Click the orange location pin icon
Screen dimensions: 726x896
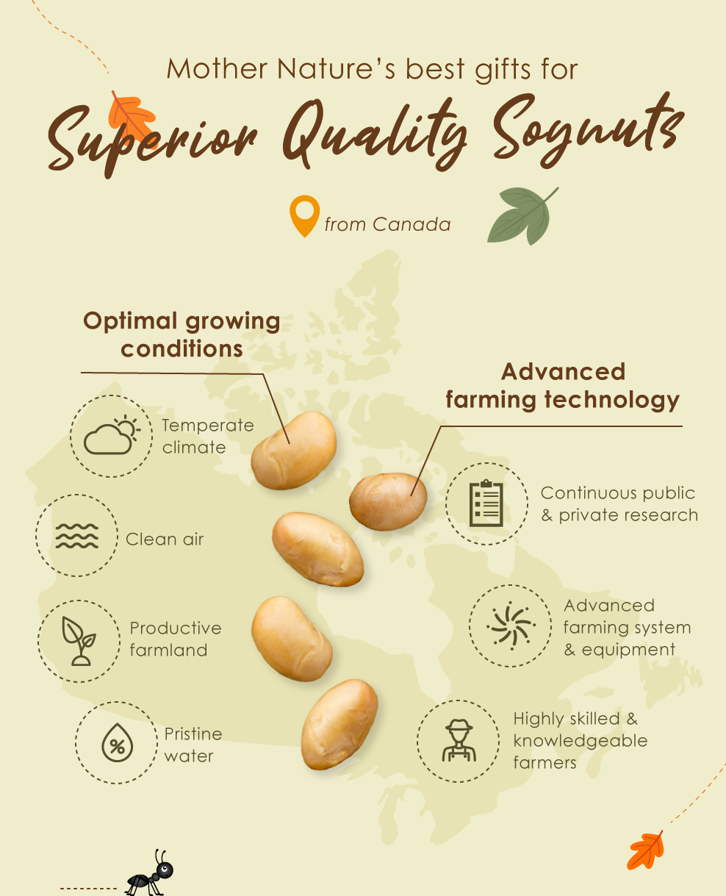tap(304, 215)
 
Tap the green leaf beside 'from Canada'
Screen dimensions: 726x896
tap(522, 216)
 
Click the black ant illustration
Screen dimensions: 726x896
tap(150, 873)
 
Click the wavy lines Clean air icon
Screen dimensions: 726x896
tap(77, 536)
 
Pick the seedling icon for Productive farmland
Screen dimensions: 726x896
tap(79, 641)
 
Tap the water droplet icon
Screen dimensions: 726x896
tap(118, 742)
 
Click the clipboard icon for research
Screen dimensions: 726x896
tap(486, 503)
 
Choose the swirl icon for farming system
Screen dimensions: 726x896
tap(511, 626)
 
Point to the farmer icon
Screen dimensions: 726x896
tap(459, 740)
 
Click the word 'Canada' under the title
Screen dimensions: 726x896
tap(411, 224)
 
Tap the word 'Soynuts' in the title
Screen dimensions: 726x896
tap(589, 130)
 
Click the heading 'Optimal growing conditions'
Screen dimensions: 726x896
tap(181, 335)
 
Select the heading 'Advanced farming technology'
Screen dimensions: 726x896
tap(562, 385)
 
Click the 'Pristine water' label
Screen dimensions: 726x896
tap(193, 745)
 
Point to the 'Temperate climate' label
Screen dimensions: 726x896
tap(208, 436)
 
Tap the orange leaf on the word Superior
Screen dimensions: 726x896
tap(132, 118)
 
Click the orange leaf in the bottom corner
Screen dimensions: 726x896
tap(645, 850)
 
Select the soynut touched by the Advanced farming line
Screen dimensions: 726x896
tap(388, 501)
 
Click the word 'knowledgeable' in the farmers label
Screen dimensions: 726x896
tap(580, 741)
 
